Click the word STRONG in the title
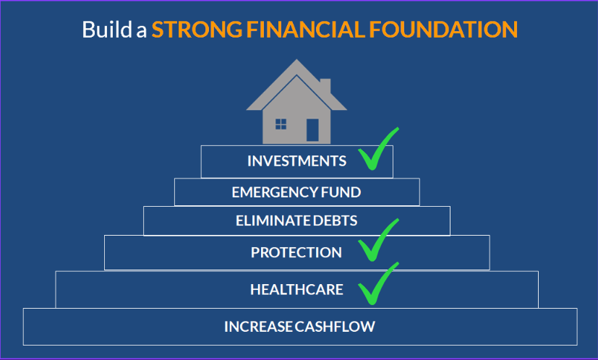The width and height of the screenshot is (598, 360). click(197, 30)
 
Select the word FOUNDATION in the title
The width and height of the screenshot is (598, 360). click(443, 30)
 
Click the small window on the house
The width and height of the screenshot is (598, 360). click(281, 124)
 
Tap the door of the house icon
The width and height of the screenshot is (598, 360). click(312, 130)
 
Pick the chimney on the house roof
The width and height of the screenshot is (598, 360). click(325, 85)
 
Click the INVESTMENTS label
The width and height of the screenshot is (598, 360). click(296, 161)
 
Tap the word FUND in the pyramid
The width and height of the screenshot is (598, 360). click(341, 192)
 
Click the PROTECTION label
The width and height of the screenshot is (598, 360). click(296, 252)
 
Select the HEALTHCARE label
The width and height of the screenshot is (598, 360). click(296, 290)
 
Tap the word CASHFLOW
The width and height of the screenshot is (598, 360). click(335, 327)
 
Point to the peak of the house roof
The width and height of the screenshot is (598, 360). click(296, 59)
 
